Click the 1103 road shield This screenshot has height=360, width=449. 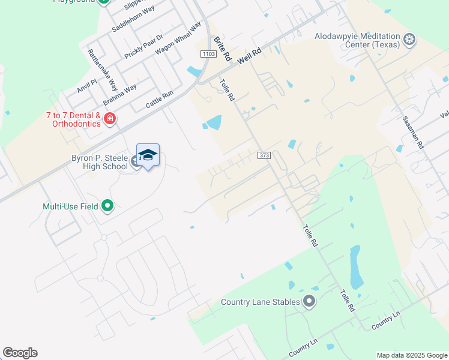pyautogui.click(x=208, y=54)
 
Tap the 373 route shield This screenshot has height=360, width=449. pyautogui.click(x=264, y=155)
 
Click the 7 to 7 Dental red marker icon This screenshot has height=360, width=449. pyautogui.click(x=110, y=118)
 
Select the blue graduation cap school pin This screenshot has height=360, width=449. pyautogui.click(x=148, y=155)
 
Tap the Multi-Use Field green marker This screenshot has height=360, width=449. pyautogui.click(x=108, y=206)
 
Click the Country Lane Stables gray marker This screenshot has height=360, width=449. pyautogui.click(x=309, y=301)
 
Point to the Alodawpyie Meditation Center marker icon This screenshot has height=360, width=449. pyautogui.click(x=410, y=40)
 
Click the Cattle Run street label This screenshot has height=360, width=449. pyautogui.click(x=159, y=99)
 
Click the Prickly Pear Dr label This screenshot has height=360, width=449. pyautogui.click(x=143, y=46)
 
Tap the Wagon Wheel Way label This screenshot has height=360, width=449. pyautogui.click(x=178, y=40)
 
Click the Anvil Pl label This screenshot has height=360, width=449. pyautogui.click(x=86, y=86)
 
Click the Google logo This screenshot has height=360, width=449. pyautogui.click(x=20, y=353)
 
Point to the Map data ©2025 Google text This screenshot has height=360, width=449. pyautogui.click(x=411, y=355)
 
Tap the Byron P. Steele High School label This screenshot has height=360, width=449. pyautogui.click(x=97, y=163)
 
